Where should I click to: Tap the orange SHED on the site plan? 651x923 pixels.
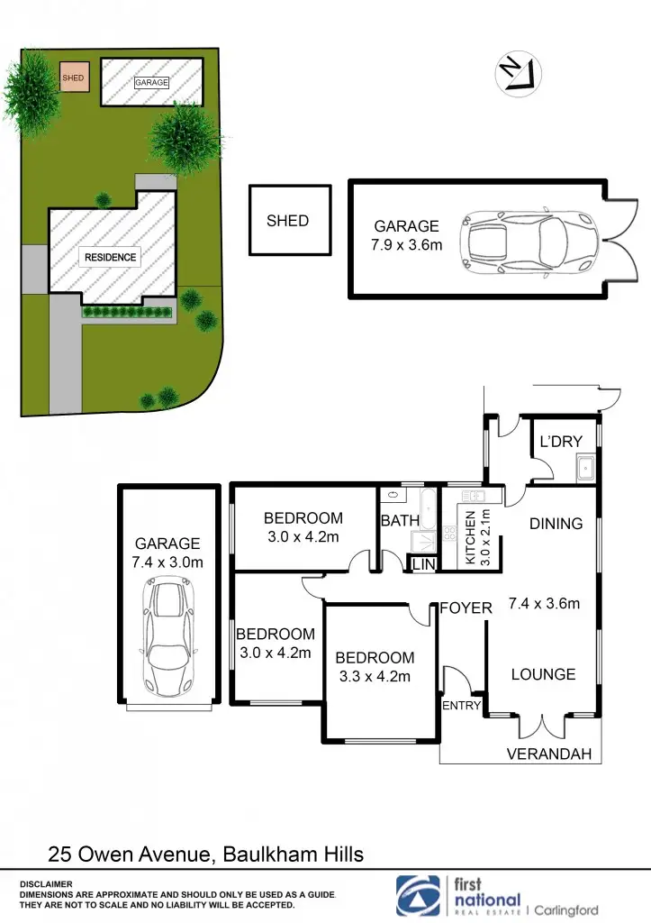[73, 78]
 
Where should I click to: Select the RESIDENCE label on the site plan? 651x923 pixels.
[111, 258]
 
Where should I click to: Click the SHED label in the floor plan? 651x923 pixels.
[287, 221]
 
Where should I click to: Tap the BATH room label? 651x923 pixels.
[400, 521]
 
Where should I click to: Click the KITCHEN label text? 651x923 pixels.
[469, 537]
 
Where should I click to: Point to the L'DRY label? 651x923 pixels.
[561, 442]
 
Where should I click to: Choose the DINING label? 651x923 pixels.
[556, 524]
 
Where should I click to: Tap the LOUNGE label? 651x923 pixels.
[543, 674]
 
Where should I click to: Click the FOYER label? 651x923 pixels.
[466, 608]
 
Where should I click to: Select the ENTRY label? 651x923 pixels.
[461, 706]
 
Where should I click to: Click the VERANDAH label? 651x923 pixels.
[549, 754]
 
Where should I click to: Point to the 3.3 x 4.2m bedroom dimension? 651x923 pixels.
[374, 677]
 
